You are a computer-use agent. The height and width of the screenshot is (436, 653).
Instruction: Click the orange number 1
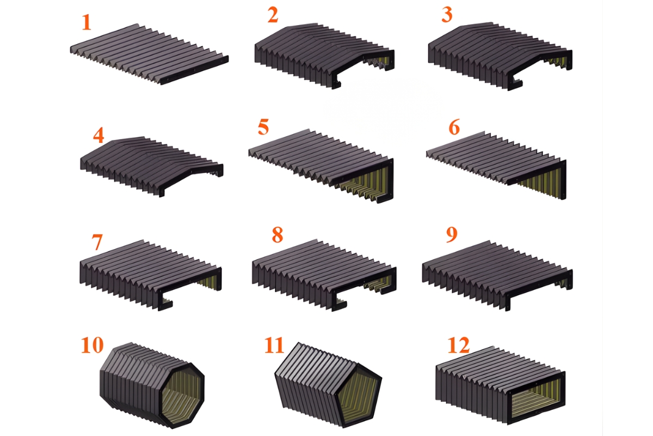[x=86, y=22]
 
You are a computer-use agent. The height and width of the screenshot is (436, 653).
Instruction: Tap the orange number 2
[x=273, y=15]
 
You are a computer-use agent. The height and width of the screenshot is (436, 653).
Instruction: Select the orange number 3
[x=447, y=15]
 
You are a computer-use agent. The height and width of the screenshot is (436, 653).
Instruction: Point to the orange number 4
[x=98, y=135]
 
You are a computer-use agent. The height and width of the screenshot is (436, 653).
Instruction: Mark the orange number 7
[x=97, y=242]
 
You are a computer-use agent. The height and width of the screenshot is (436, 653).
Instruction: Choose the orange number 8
[x=277, y=235]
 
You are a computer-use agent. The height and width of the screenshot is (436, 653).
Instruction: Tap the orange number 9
[x=451, y=235]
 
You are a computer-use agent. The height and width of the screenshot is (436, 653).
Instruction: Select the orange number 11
[x=275, y=346]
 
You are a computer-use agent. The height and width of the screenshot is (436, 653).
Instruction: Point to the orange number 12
[x=458, y=345]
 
